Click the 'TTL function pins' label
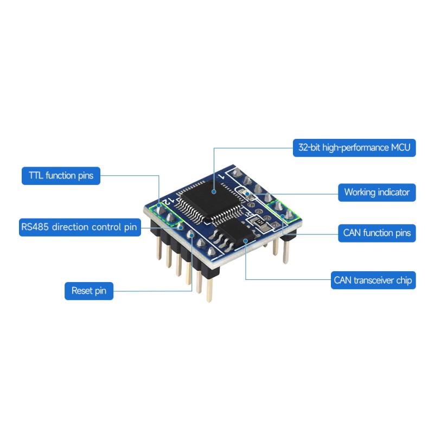click(61, 176)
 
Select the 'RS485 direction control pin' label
click(80, 227)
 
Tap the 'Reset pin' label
click(89, 291)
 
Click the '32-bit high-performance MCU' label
click(354, 148)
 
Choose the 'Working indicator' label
click(377, 193)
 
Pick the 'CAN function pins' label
click(377, 233)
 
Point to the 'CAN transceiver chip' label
click(373, 280)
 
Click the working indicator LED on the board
click(246, 194)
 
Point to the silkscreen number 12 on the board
click(168, 201)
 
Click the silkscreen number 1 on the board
click(222, 176)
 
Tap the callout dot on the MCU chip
click(214, 192)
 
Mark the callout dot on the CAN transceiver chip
click(246, 241)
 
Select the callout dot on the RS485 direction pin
click(181, 227)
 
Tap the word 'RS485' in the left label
click(35, 227)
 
